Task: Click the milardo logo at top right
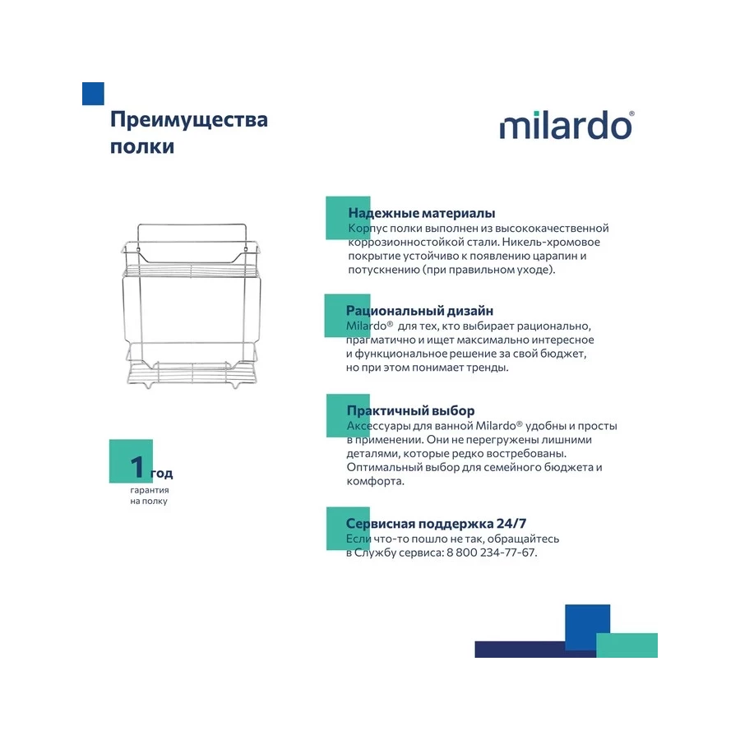click(x=567, y=126)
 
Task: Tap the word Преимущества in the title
click(x=189, y=120)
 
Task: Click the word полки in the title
click(x=142, y=147)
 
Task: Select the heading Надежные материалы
click(x=421, y=213)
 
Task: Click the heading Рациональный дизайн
click(x=419, y=311)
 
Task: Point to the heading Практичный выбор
click(x=410, y=410)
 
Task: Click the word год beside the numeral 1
click(x=162, y=474)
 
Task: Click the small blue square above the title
click(x=93, y=94)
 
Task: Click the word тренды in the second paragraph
click(x=489, y=368)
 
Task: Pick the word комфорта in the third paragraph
click(x=375, y=481)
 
